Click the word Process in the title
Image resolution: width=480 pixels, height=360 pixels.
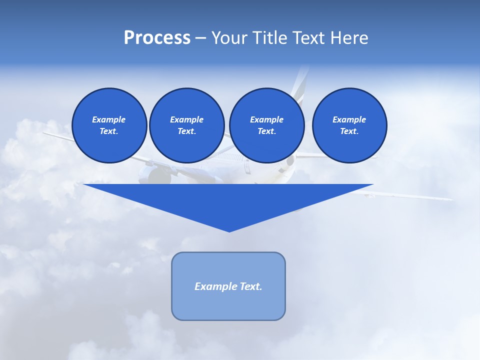pos(157,38)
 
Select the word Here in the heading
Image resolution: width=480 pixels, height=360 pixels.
pos(348,38)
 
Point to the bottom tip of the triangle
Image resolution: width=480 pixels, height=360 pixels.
pos(229,230)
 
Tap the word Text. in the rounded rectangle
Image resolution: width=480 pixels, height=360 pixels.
pos(250,286)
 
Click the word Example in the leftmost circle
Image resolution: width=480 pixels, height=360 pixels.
pos(109,119)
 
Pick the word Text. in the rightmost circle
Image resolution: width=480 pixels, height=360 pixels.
pos(349,131)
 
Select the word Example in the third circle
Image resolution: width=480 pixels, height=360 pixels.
pos(266,119)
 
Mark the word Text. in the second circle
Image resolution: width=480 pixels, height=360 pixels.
pos(186,131)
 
